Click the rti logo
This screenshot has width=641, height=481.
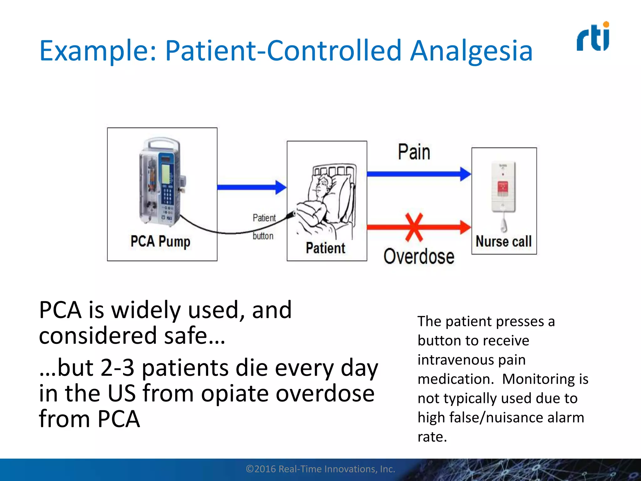pyautogui.click(x=593, y=37)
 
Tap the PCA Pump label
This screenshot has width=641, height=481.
pyautogui.click(x=160, y=241)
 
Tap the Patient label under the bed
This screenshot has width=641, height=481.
pyautogui.click(x=326, y=248)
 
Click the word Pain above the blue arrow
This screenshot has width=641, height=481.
pyautogui.click(x=414, y=153)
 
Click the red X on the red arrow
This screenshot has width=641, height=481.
pyautogui.click(x=414, y=227)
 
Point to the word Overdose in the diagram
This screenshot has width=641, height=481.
pyautogui.click(x=419, y=256)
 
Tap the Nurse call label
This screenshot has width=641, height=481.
pyautogui.click(x=504, y=241)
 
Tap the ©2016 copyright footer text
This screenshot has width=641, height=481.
pyautogui.click(x=320, y=469)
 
